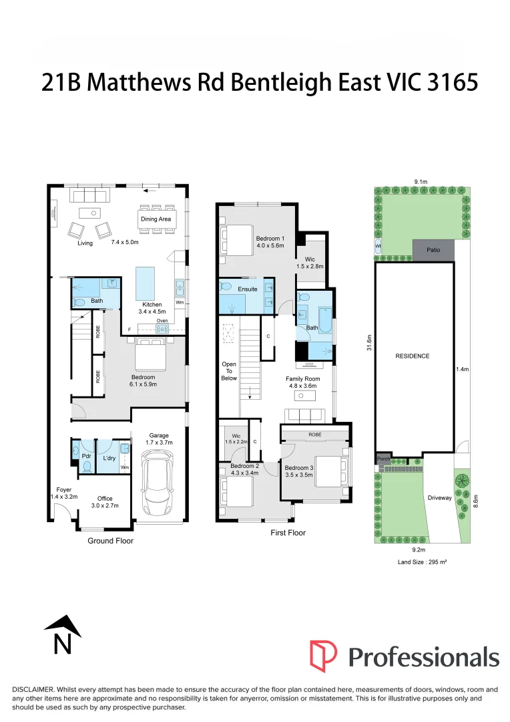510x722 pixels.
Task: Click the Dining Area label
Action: (156, 219)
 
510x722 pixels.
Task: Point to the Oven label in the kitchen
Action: (162, 320)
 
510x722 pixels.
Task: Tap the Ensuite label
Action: (248, 289)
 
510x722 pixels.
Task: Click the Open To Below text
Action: (229, 371)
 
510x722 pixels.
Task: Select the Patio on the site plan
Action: (433, 249)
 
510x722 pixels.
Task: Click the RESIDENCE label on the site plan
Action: (412, 356)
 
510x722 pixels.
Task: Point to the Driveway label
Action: (439, 497)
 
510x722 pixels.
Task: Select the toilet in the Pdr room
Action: (86, 465)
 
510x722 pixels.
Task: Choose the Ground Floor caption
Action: (110, 540)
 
